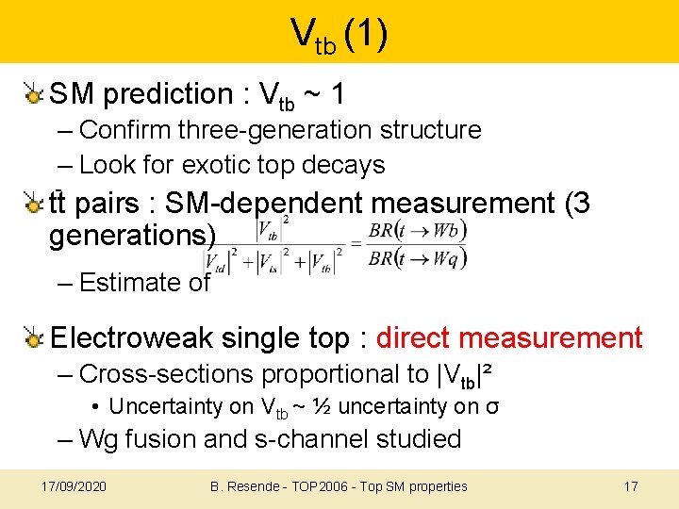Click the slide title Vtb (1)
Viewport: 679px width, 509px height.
tap(339, 35)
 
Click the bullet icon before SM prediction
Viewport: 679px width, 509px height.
tap(34, 93)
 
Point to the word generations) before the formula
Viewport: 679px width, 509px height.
tap(132, 236)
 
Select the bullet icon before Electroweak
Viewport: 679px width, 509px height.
tap(34, 337)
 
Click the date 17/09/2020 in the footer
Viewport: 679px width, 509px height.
tap(75, 486)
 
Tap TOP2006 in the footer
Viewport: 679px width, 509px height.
tap(320, 486)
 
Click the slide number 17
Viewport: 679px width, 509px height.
tap(631, 486)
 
